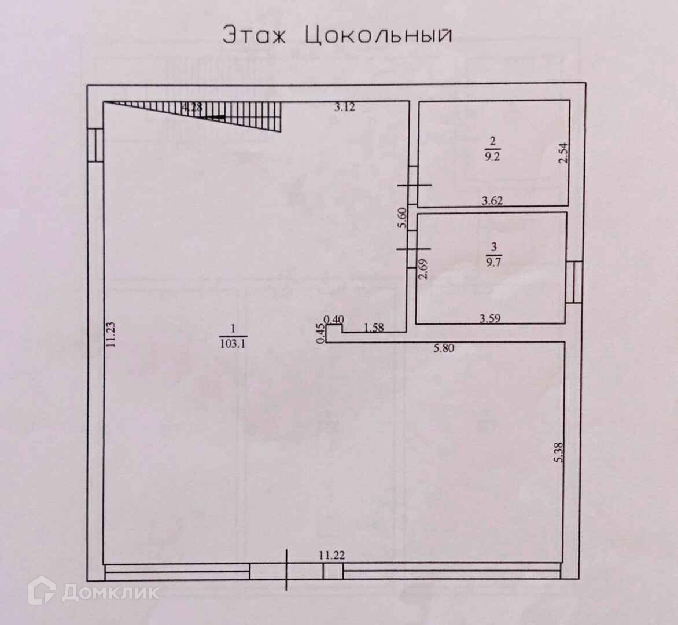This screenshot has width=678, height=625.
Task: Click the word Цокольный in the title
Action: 377,36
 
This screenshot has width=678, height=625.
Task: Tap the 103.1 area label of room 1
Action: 233,343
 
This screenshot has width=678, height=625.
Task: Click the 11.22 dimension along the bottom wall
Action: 332,555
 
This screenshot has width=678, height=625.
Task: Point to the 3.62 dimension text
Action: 493,201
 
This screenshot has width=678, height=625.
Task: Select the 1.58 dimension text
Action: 374,328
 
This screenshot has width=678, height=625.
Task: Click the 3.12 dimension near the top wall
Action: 345,106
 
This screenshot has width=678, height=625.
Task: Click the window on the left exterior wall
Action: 96,145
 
